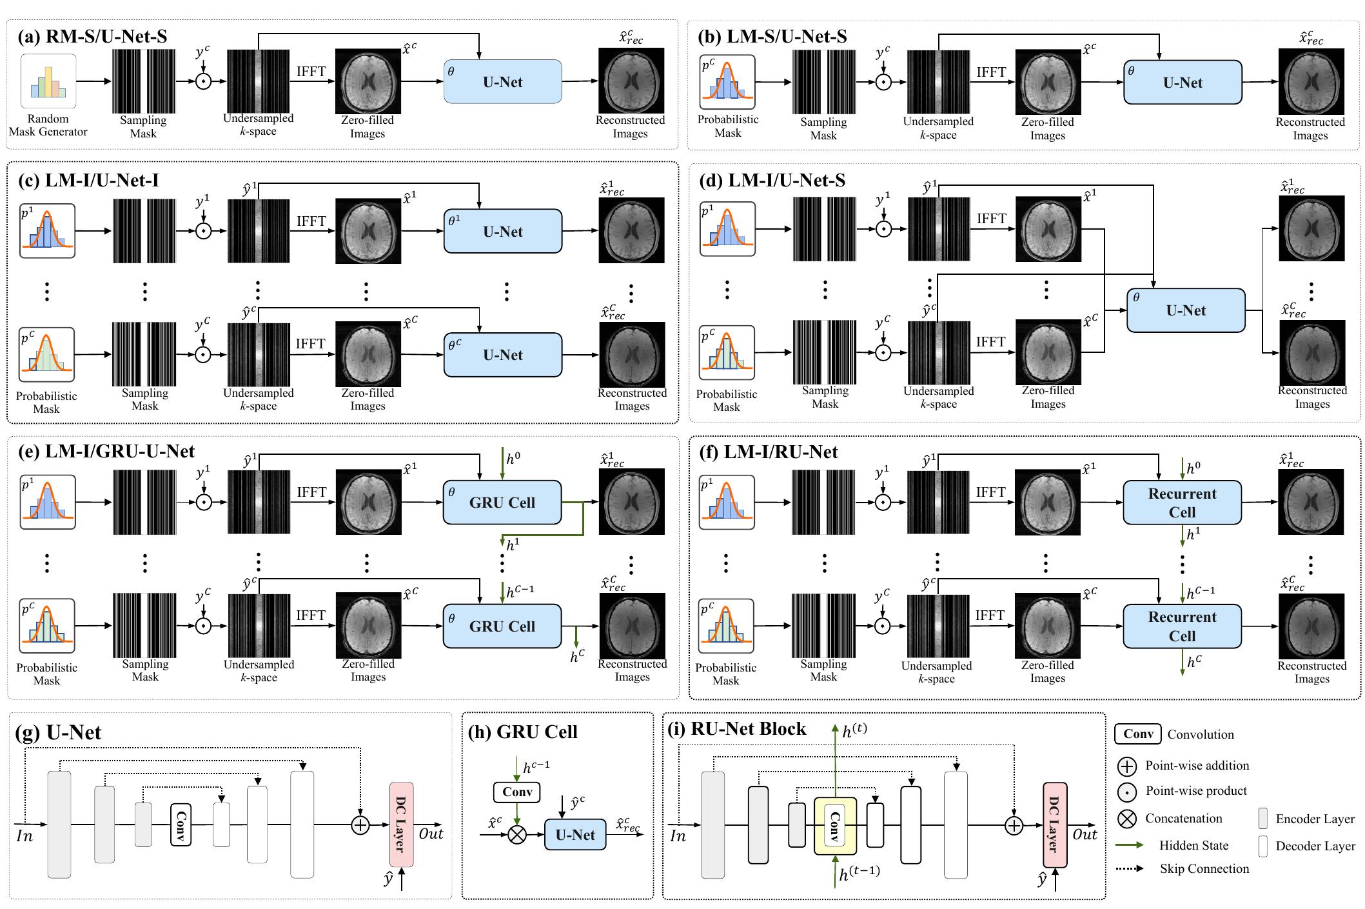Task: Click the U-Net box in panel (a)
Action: pyautogui.click(x=502, y=82)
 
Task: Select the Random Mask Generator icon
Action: pyautogui.click(x=48, y=81)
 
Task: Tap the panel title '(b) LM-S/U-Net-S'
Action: pyautogui.click(x=772, y=36)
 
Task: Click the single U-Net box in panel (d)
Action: pyautogui.click(x=1186, y=310)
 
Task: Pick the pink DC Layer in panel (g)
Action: pyautogui.click(x=401, y=824)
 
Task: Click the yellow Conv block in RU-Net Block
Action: pyautogui.click(x=835, y=826)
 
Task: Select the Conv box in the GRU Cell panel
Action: pyautogui.click(x=516, y=792)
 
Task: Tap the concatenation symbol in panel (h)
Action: pyautogui.click(x=516, y=835)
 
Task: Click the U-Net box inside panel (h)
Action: pyautogui.click(x=575, y=835)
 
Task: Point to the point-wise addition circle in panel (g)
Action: pyautogui.click(x=360, y=824)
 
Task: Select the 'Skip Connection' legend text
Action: pyautogui.click(x=1204, y=868)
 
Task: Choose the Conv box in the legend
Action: pyautogui.click(x=1138, y=734)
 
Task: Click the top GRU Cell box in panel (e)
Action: pyautogui.click(x=502, y=503)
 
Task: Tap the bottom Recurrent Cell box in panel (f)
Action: pyautogui.click(x=1182, y=626)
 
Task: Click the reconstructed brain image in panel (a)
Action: pyautogui.click(x=631, y=81)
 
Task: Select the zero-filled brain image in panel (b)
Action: pyautogui.click(x=1048, y=82)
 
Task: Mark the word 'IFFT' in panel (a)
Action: pyautogui.click(x=311, y=72)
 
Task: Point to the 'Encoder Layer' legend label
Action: pyautogui.click(x=1315, y=819)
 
